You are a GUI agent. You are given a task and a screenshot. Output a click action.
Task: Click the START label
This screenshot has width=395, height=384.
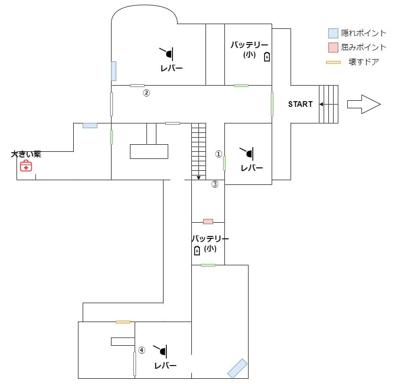(x=300, y=104)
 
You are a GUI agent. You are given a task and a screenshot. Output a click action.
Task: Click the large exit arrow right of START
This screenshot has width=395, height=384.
(x=363, y=104)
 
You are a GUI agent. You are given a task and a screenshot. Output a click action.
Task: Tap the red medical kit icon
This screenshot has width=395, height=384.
(x=26, y=166)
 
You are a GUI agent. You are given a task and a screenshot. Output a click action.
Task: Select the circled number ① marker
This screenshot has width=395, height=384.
(x=218, y=154)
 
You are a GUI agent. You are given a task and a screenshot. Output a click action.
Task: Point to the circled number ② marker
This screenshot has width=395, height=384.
(x=146, y=93)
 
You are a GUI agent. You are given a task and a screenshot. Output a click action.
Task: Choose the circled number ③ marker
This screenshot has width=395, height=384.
(x=215, y=184)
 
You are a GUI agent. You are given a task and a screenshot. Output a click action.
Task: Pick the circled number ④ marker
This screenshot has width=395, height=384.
(x=141, y=350)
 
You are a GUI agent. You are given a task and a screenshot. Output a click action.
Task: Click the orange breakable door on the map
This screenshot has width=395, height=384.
(x=123, y=322)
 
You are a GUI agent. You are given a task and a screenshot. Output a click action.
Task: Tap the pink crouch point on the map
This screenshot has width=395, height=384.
(x=208, y=221)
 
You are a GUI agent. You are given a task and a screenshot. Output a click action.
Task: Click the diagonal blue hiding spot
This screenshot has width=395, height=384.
(x=237, y=368)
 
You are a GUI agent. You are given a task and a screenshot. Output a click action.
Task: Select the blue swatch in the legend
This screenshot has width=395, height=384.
(x=334, y=33)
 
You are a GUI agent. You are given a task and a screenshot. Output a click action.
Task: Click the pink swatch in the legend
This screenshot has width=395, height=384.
(x=334, y=47)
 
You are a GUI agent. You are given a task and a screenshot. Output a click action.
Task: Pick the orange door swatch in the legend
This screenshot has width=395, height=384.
(x=334, y=62)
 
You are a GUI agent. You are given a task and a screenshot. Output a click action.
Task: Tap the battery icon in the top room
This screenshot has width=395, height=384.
(x=267, y=57)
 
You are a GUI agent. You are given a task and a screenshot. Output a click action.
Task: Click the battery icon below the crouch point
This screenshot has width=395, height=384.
(x=197, y=251)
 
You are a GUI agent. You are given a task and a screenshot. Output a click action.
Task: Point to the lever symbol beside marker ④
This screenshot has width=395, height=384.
(x=162, y=350)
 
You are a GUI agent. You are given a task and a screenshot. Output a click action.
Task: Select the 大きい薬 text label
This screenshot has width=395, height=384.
(x=26, y=154)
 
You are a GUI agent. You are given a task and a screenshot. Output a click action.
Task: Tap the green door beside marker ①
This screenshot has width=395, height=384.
(x=224, y=163)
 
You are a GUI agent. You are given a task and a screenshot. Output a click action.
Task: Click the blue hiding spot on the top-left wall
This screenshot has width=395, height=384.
(x=113, y=71)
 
